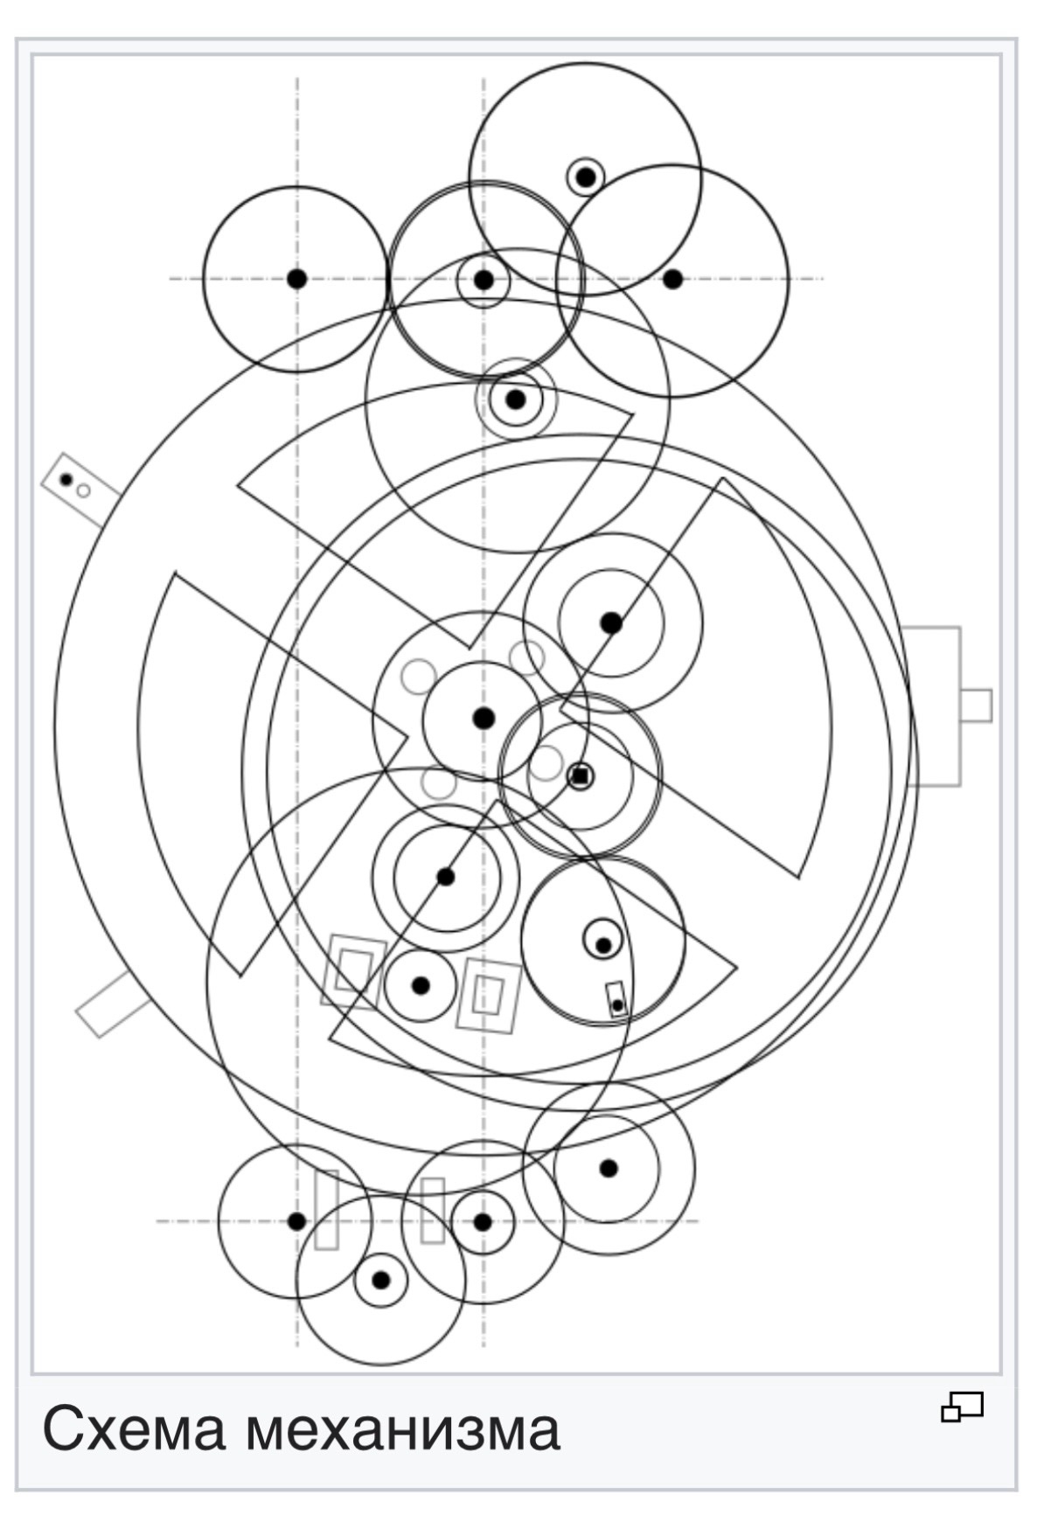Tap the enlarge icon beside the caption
(962, 1407)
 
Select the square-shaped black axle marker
(580, 775)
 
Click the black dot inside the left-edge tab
(66, 479)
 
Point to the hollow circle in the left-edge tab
(83, 490)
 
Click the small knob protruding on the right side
(976, 705)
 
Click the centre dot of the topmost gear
(586, 177)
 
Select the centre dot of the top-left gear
(297, 279)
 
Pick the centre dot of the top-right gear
(672, 279)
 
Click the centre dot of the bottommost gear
(380, 1280)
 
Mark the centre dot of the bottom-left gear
(297, 1221)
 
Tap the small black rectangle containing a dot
(616, 999)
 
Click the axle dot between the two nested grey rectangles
(421, 985)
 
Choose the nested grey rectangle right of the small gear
(489, 996)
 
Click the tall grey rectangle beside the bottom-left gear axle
(326, 1209)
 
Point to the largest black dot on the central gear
(484, 718)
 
